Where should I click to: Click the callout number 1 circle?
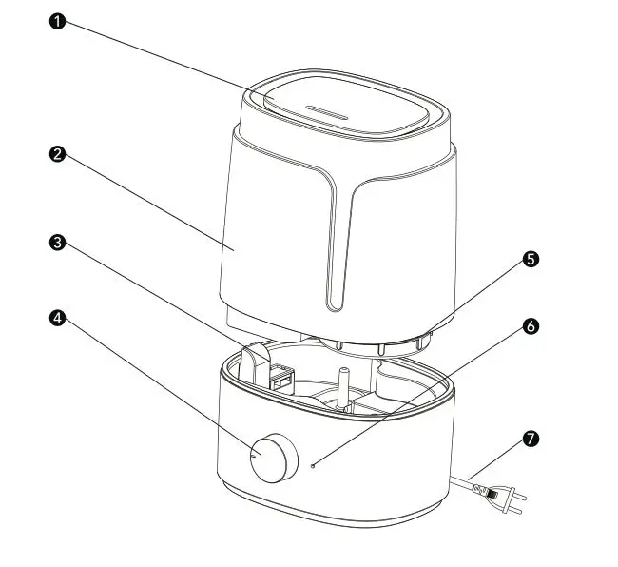pos(58,22)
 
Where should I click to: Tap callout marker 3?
pos(58,244)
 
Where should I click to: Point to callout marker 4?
pos(58,318)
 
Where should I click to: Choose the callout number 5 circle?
pos(531,258)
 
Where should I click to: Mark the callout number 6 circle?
pos(531,325)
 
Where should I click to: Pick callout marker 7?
pos(531,439)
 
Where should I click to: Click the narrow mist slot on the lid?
pos(328,111)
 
